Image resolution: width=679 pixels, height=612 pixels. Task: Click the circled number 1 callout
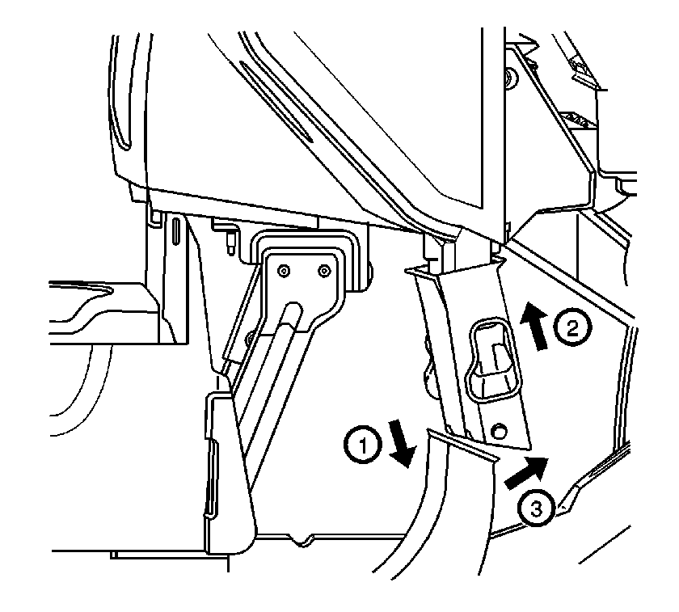(363, 445)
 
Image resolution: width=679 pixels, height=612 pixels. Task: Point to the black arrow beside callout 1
(402, 444)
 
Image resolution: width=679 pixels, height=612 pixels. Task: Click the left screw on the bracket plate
(284, 272)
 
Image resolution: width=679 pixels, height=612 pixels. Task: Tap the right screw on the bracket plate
(323, 272)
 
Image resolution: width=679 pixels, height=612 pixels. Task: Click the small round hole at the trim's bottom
(499, 430)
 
